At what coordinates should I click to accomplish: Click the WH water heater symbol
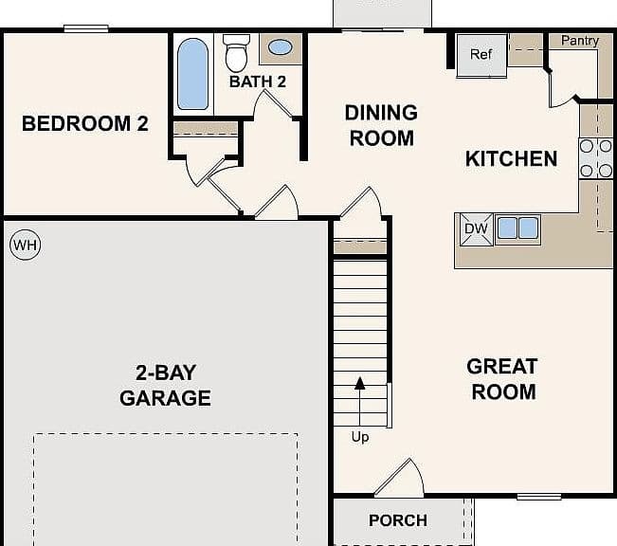pos(25,245)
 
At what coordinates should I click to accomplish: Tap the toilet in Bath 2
pos(236,53)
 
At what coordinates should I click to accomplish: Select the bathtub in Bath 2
pos(192,74)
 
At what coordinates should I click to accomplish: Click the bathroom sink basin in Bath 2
pos(281,47)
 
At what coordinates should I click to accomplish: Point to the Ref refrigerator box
pos(481,55)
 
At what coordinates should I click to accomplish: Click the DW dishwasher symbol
pos(477,229)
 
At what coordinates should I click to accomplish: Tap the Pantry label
pos(580,41)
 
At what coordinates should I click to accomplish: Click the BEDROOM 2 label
pos(85,123)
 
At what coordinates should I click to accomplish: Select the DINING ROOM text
pos(381,125)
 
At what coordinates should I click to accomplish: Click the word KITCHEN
pos(511,158)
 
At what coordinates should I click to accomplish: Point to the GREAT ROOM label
pos(502,379)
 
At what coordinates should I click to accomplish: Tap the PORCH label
pos(398,520)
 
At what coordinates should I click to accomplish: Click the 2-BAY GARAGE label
pos(165,386)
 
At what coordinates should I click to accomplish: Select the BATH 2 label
pos(258,82)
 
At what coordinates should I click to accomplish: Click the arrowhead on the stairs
pos(359,383)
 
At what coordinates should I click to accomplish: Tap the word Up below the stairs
pos(360,437)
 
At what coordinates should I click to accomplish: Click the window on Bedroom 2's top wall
pos(86,28)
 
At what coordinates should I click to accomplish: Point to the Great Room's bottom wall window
pos(538,497)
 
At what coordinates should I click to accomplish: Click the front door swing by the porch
pos(409,476)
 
